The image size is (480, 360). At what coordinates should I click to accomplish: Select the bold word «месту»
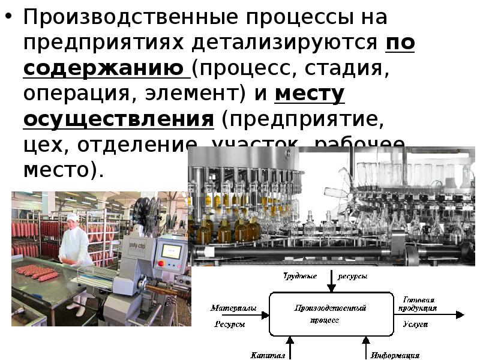(x=310, y=94)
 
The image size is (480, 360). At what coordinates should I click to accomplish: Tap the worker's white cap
(x=73, y=217)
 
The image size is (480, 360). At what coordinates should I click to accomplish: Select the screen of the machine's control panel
(x=171, y=251)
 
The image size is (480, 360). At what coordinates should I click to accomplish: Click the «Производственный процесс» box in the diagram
(x=330, y=314)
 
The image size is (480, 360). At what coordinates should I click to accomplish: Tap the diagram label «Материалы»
(x=233, y=308)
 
